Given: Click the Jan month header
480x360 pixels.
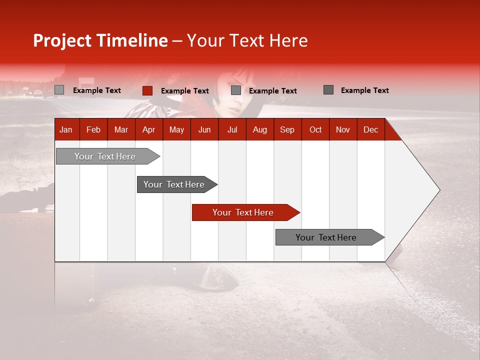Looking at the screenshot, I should pyautogui.click(x=66, y=129).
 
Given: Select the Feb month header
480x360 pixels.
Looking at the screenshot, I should pyautogui.click(x=93, y=129).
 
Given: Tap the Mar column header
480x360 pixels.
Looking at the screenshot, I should pyautogui.click(x=121, y=129).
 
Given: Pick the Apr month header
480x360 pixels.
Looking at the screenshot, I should pyautogui.click(x=148, y=129).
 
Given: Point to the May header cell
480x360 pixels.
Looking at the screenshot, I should pyautogui.click(x=176, y=129).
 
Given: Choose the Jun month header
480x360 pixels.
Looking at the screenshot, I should pyautogui.click(x=204, y=129).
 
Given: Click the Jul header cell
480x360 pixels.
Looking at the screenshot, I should pyautogui.click(x=232, y=129).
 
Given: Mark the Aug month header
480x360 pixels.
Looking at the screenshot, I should pyautogui.click(x=260, y=129).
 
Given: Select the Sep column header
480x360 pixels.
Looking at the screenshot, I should pyautogui.click(x=287, y=129).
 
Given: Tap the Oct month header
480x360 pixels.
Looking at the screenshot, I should pyautogui.click(x=315, y=129).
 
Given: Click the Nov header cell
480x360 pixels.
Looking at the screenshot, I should pyautogui.click(x=343, y=129).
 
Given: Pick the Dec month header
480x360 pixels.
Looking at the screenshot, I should pyautogui.click(x=370, y=129).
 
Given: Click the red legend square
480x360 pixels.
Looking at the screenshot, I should pyautogui.click(x=147, y=90).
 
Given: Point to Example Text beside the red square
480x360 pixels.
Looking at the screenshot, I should pyautogui.click(x=184, y=91).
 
